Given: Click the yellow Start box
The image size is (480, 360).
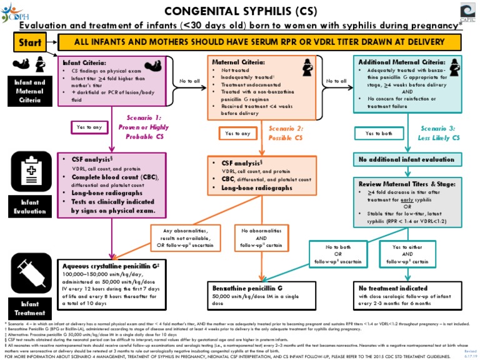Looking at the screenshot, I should pos(31,43).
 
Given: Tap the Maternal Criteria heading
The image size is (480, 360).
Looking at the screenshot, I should pos(237,63).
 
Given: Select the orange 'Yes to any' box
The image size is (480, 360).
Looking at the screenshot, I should pos(237,133).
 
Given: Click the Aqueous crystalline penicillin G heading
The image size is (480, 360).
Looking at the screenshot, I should pos(109,266).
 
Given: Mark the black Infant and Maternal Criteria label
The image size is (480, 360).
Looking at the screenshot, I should pos(30,91).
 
